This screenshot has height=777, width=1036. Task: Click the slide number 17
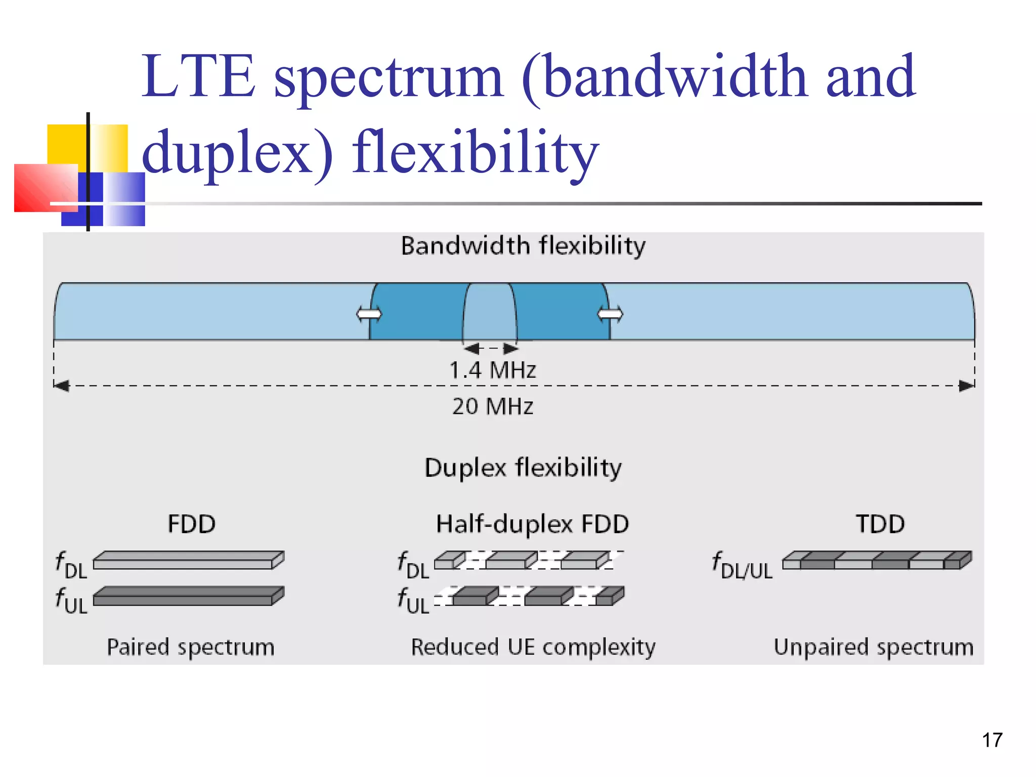992,740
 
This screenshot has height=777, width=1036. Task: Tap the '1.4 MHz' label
492,370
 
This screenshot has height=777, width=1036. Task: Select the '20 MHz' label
493,406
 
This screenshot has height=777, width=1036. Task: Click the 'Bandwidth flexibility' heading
523,246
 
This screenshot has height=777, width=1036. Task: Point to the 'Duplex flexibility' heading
523,467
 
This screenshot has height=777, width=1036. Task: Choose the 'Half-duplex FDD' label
532,524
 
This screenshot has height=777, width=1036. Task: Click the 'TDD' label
880,524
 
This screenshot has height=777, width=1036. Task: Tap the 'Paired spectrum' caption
191,647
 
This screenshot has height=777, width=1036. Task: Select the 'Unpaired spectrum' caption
874,647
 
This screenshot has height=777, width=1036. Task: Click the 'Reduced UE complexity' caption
533,647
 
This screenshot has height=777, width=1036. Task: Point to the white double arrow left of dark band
369,314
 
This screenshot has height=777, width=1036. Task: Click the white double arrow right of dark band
611,314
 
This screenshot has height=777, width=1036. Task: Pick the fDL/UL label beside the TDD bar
742,566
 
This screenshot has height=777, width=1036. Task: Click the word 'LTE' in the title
198,77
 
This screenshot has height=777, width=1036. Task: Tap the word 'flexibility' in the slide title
476,152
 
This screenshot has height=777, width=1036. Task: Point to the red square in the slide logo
45,187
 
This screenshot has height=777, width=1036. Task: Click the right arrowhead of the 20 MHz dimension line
967,386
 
